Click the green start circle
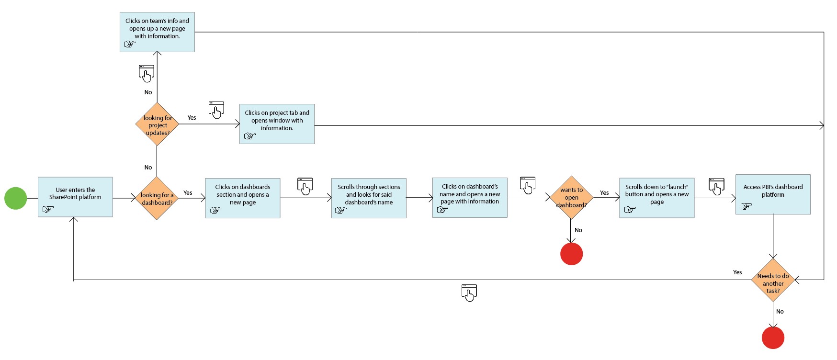coord(16,198)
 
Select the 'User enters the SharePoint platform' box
coord(75,197)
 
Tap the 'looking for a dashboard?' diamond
coord(157,198)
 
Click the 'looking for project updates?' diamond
coord(157,124)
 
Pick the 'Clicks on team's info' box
coord(157,32)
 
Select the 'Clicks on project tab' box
coord(277,124)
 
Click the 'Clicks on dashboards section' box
coord(243,198)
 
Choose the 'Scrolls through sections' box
coord(369,198)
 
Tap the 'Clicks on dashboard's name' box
coord(470,198)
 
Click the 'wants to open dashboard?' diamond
coord(571,197)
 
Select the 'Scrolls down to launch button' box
coord(656,198)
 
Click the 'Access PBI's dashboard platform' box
coord(773,194)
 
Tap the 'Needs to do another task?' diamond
coord(773,281)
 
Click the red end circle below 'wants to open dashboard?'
coord(571,254)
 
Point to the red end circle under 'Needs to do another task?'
coord(773,337)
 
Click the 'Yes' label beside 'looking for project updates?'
coord(192,118)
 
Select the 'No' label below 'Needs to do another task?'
coord(780,312)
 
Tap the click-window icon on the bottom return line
coord(469,293)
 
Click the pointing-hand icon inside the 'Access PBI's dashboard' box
coord(746,206)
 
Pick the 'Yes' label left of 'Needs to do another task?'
coord(737,272)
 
